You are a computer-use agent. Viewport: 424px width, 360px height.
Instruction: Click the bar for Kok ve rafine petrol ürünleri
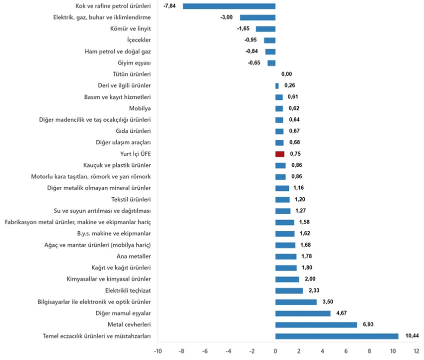coord(229,6)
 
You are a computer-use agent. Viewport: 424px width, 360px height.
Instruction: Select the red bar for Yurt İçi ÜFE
coord(280,154)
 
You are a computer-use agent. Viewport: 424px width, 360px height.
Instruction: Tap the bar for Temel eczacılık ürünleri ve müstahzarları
coord(337,336)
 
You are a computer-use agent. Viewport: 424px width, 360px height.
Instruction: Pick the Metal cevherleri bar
coord(316,325)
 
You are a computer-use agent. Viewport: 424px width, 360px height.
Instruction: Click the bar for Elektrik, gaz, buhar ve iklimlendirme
coord(257,17)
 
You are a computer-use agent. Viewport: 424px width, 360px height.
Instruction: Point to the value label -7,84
coord(169,6)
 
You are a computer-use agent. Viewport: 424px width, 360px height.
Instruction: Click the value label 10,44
coord(412,336)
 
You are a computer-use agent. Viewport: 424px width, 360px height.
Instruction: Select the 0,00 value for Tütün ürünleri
coord(286,74)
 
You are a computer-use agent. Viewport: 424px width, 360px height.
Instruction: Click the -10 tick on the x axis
coord(158,351)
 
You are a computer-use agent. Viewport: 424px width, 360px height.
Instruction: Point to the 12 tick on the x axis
coord(417,351)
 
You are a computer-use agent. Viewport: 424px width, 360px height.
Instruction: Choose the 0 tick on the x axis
coord(275,351)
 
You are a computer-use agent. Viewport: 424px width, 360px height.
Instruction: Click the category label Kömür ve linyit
coord(130,28)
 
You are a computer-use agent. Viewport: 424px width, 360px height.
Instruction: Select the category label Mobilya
coord(140,108)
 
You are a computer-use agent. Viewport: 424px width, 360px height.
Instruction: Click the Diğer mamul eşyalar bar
coord(303,313)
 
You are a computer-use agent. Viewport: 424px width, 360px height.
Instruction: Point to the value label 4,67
coord(342,313)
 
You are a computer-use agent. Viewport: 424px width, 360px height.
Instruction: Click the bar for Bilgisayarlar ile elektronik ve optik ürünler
coord(296,302)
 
